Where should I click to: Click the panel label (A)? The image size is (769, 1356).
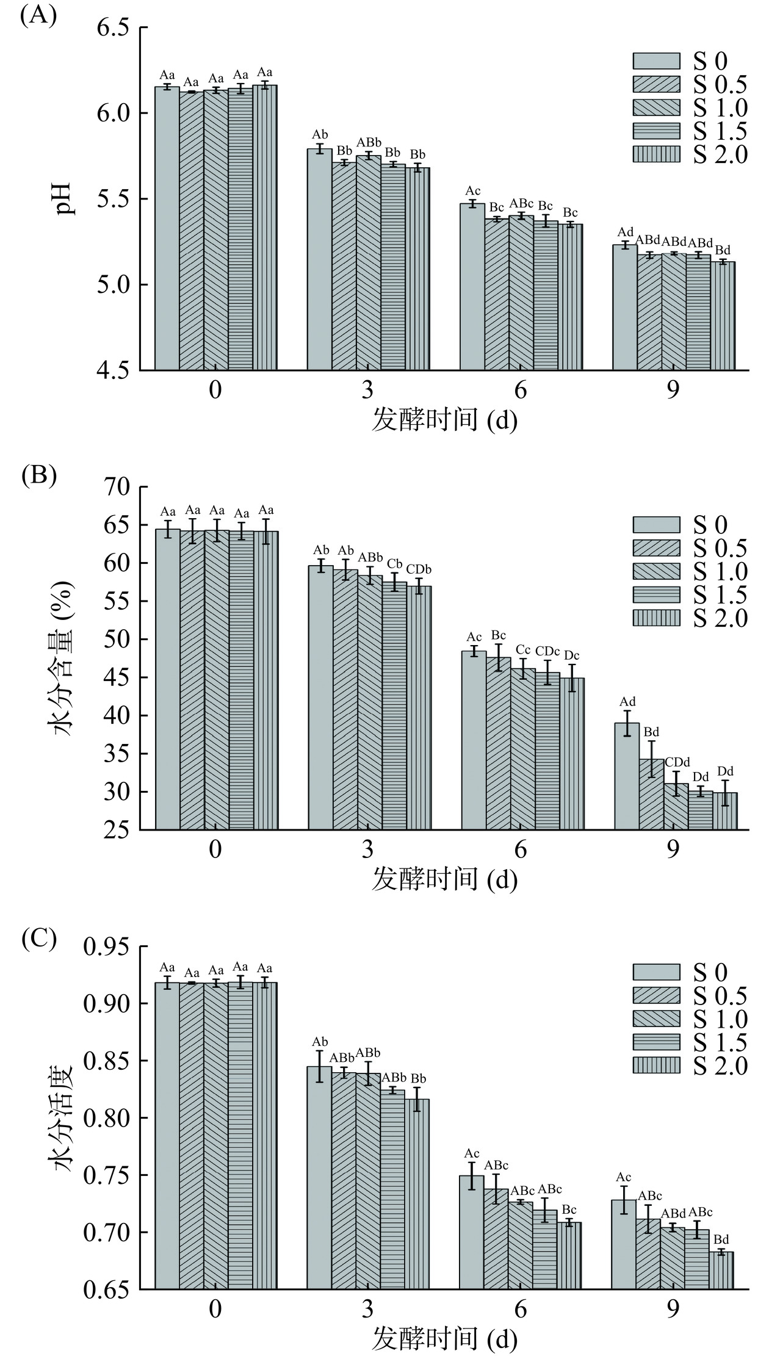point(38,15)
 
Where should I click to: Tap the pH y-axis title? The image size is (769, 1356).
point(63,198)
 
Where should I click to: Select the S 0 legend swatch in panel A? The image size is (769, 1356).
point(656,61)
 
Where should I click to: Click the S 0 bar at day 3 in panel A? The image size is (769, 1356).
point(319,259)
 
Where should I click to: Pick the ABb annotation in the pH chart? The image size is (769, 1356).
point(369,142)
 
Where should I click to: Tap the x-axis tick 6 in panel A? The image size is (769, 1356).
point(520,391)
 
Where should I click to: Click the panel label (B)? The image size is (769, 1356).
point(38,475)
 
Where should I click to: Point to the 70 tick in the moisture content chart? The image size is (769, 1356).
point(120,487)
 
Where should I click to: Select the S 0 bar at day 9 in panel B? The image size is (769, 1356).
point(626,776)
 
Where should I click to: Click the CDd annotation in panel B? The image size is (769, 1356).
point(677,762)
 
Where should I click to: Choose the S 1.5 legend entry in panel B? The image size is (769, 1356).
point(690,594)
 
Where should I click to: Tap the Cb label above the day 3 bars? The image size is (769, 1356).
point(394,563)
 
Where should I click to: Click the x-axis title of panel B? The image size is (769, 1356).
point(444,879)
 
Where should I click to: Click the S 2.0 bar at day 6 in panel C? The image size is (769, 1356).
point(569,1256)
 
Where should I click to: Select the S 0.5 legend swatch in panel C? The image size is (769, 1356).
point(656,995)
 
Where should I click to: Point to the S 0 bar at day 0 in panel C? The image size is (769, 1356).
point(167,1136)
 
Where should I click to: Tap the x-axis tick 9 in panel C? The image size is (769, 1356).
point(673,1308)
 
